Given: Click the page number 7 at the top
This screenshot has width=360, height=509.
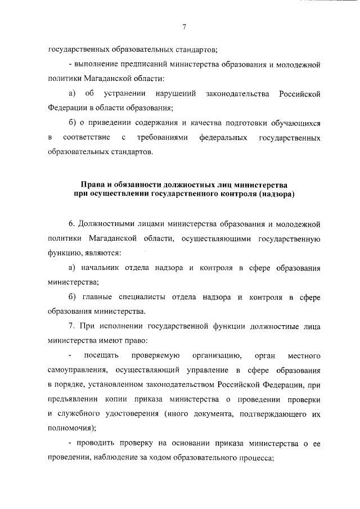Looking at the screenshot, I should [x=184, y=28].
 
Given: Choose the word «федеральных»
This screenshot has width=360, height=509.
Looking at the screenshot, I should [x=224, y=137].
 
